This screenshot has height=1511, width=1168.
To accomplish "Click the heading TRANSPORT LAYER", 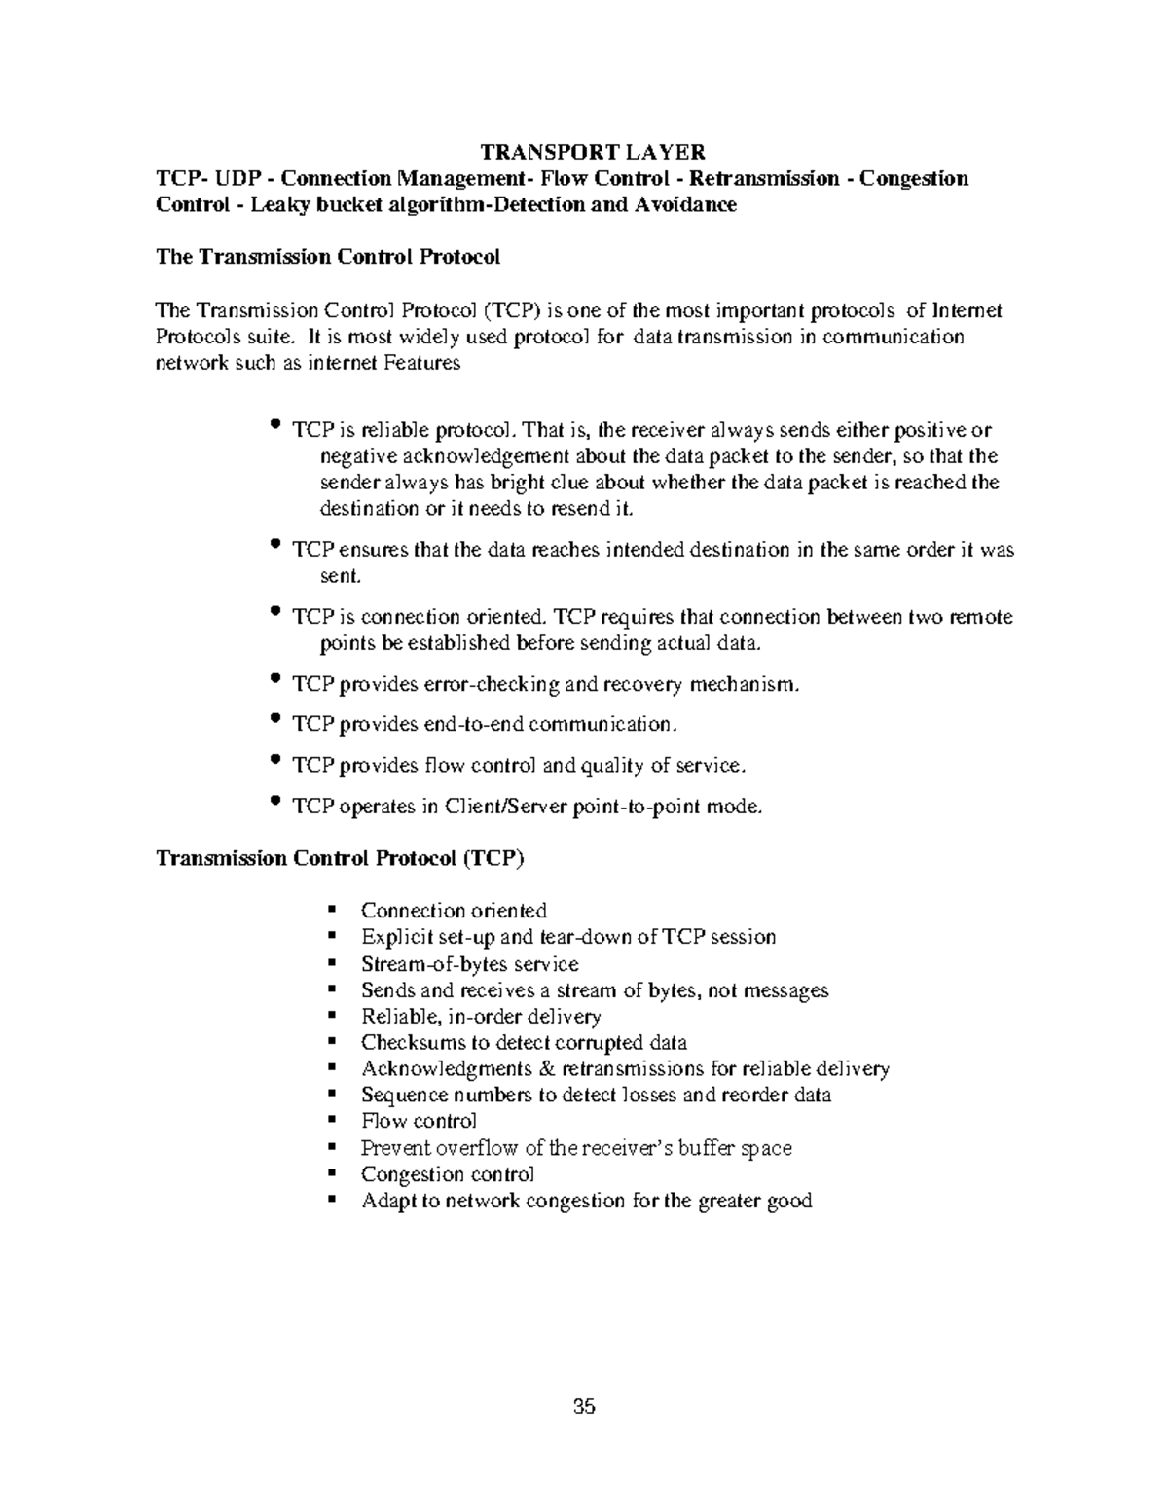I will click(593, 152).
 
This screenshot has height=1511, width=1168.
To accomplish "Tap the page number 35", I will click(584, 1406).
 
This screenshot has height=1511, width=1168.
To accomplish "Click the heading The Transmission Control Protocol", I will click(328, 257).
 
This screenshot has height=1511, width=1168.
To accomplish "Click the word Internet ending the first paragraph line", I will click(967, 310).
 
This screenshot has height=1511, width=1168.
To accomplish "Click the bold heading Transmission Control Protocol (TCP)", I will click(341, 858).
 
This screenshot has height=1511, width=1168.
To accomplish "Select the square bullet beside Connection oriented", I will click(333, 910).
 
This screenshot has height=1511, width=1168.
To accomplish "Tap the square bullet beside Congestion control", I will click(333, 1173).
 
